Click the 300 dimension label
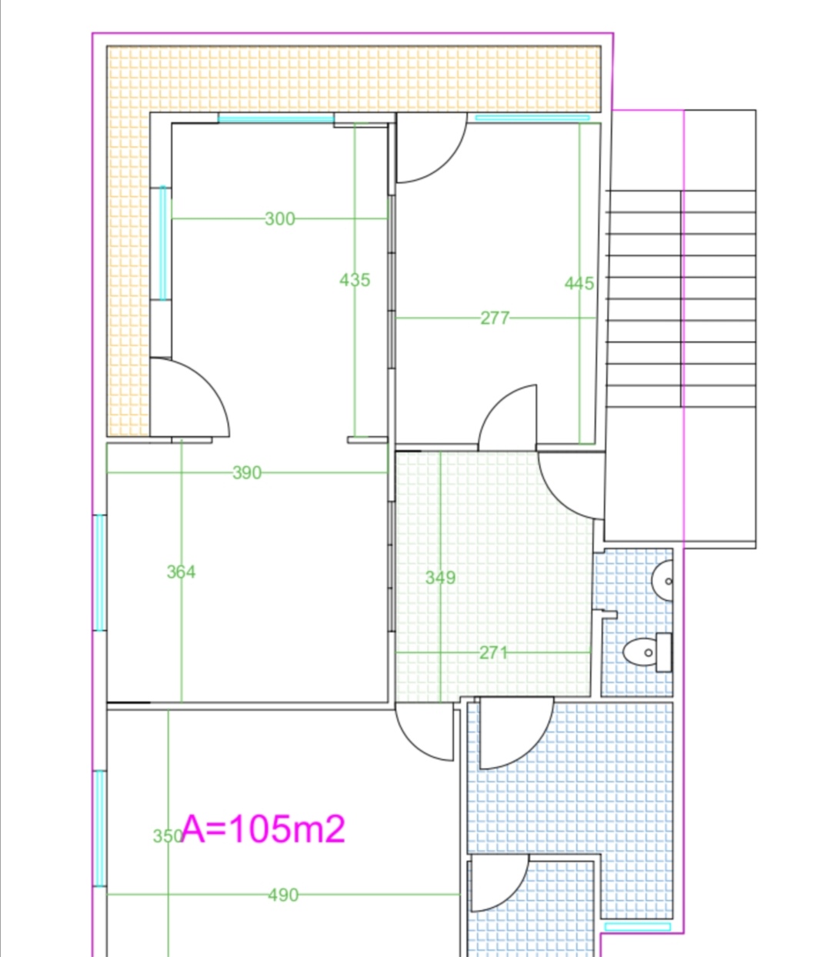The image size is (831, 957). (x=279, y=218)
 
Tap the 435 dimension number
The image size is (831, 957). (x=355, y=280)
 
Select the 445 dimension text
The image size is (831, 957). (x=579, y=283)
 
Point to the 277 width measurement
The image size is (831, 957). (x=495, y=318)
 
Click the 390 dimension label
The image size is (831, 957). (x=247, y=473)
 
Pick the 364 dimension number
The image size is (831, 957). (x=182, y=572)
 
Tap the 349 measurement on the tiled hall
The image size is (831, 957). (x=440, y=578)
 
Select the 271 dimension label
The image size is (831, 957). (x=493, y=653)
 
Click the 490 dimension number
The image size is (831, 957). (x=283, y=895)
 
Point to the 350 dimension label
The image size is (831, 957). (x=168, y=836)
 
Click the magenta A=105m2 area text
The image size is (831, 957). (x=263, y=829)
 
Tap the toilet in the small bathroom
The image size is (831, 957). (x=648, y=652)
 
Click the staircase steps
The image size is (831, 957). (x=680, y=298)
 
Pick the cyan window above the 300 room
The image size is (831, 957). (x=276, y=118)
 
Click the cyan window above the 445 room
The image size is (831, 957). (x=532, y=118)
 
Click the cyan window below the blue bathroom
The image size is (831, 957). (x=637, y=926)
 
